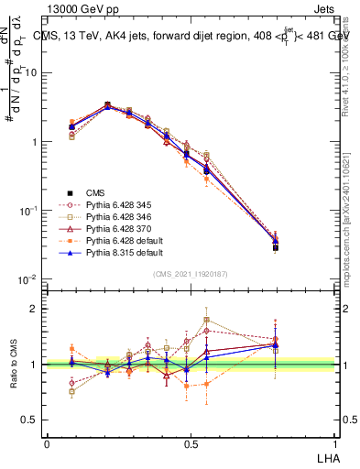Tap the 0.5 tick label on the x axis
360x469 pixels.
191,442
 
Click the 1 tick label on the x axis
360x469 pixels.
333,442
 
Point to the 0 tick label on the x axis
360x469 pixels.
48,442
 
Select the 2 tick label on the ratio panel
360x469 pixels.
35,309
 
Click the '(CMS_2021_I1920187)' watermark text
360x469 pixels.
191,275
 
